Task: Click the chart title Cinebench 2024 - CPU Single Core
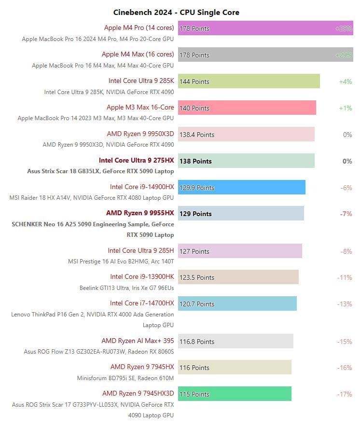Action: point(176,12)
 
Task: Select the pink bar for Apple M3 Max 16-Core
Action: point(261,108)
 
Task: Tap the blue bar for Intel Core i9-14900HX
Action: point(256,187)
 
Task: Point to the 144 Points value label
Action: point(194,82)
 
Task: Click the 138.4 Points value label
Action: point(197,135)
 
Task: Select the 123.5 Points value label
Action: point(197,277)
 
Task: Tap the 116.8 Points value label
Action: point(197,342)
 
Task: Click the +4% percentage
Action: point(346,82)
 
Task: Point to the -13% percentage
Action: point(345,304)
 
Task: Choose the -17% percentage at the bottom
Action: point(345,394)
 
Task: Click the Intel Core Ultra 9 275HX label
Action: point(137,160)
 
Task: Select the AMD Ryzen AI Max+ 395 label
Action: point(138,341)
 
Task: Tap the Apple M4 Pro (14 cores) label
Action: point(139,27)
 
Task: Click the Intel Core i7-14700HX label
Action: point(142,303)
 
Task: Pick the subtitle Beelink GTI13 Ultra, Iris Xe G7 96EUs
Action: point(126,288)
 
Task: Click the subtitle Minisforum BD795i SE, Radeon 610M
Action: point(125,378)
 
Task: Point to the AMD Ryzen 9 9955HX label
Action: point(140,213)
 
